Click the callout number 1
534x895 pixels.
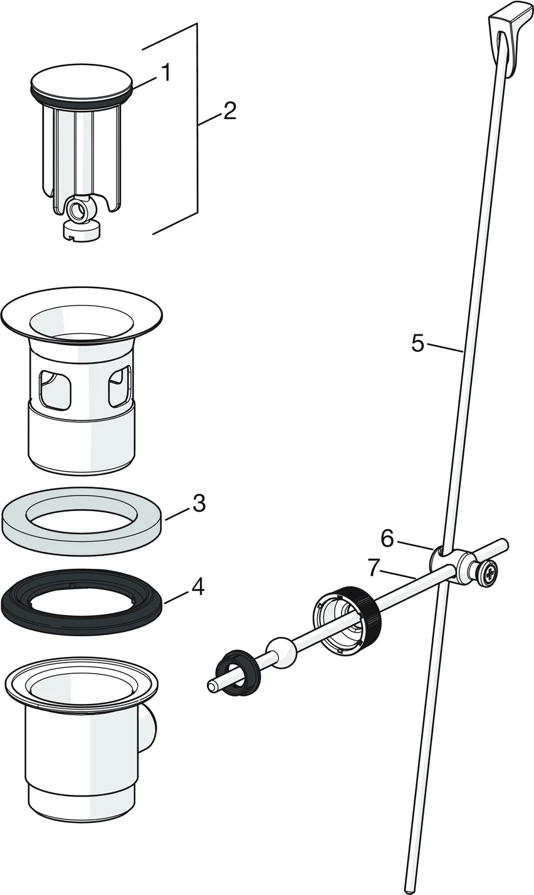(x=165, y=73)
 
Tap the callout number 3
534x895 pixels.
(x=199, y=503)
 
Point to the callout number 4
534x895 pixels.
(x=197, y=587)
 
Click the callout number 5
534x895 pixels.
(x=418, y=343)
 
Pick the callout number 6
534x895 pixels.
(x=387, y=538)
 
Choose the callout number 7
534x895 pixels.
(x=375, y=567)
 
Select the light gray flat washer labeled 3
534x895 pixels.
(x=83, y=520)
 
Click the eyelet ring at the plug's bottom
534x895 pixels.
(x=80, y=209)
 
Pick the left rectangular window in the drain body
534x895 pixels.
(x=55, y=388)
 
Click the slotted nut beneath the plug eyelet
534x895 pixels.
(x=81, y=231)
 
